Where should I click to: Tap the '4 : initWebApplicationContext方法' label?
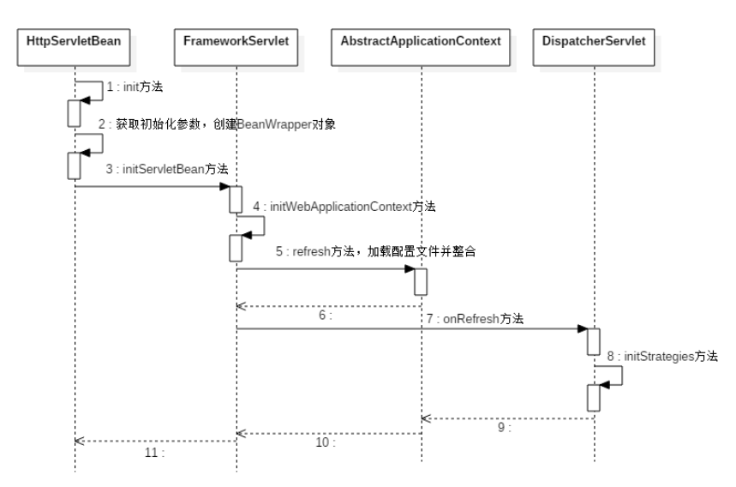pyautogui.click(x=344, y=207)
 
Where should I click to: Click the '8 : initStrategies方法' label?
pyautogui.click(x=662, y=355)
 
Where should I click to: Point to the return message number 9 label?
pyautogui.click(x=503, y=427)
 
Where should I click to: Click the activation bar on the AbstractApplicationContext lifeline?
pyautogui.click(x=422, y=281)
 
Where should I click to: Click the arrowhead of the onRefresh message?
pyautogui.click(x=582, y=328)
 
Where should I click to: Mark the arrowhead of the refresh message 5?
pyautogui.click(x=410, y=269)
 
